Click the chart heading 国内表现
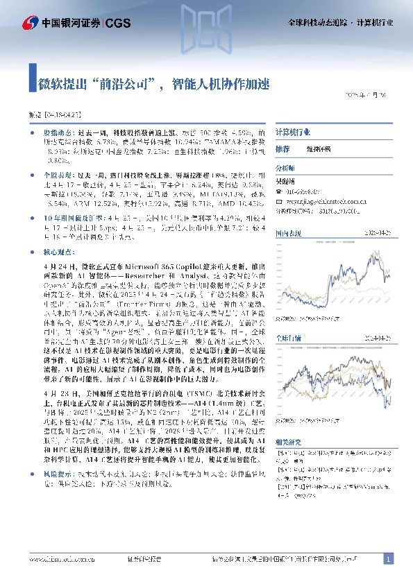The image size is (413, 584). pyautogui.click(x=287, y=233)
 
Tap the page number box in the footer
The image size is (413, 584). pyautogui.click(x=389, y=558)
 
